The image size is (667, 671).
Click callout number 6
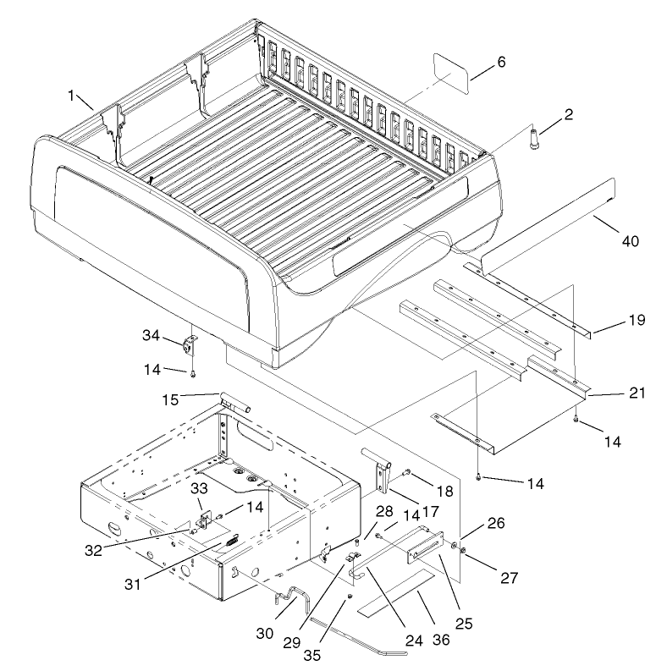tap(501, 63)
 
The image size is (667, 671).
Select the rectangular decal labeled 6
tap(451, 73)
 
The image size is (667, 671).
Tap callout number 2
tap(569, 115)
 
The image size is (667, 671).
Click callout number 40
tap(631, 241)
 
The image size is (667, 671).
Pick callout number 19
tap(637, 320)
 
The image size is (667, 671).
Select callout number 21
tap(637, 393)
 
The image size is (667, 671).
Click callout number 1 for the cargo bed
tap(71, 96)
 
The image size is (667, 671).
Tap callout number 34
tap(152, 335)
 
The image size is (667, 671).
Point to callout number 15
tap(170, 400)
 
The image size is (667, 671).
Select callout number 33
tap(199, 488)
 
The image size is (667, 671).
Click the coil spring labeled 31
tap(231, 541)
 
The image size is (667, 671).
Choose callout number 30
tap(265, 633)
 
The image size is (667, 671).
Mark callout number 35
tap(312, 655)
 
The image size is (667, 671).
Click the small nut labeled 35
tap(350, 597)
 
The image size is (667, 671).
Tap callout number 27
tap(509, 578)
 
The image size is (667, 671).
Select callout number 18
tap(445, 492)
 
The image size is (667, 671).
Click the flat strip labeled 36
tap(395, 593)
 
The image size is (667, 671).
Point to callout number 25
tap(464, 624)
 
